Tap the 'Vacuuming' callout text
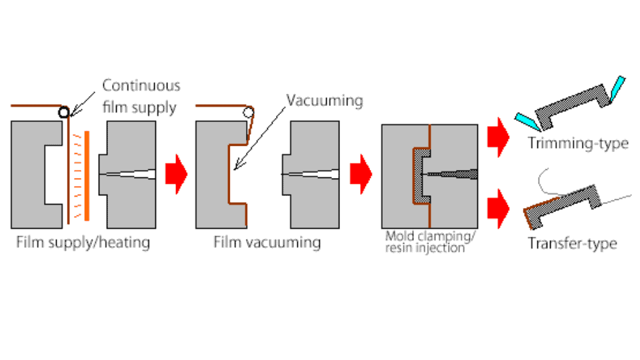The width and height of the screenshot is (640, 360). click(x=325, y=101)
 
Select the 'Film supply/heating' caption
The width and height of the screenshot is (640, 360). click(x=83, y=242)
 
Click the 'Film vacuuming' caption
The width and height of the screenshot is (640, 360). click(x=267, y=242)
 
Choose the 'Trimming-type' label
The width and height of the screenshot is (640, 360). click(x=578, y=143)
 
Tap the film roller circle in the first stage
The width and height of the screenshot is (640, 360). click(x=63, y=112)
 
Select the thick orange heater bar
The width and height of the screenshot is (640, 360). click(x=87, y=174)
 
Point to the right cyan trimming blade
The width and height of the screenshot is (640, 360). click(x=617, y=89)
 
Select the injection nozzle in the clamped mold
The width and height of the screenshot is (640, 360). click(x=453, y=174)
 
